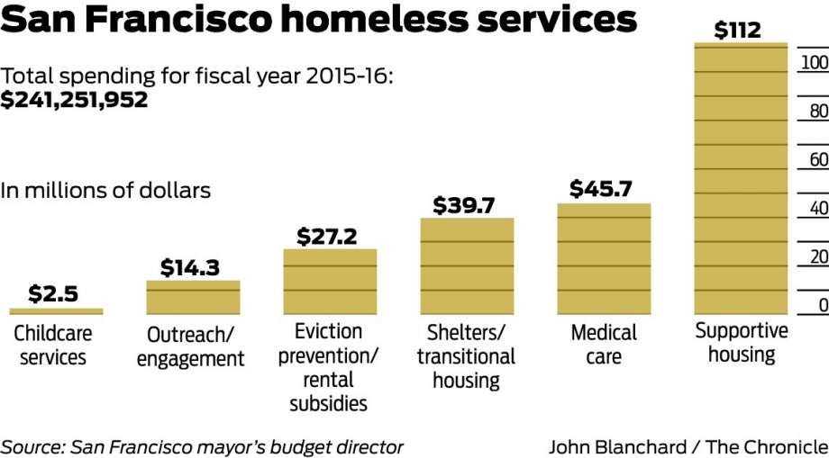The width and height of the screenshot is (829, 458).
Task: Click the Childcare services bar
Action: pyautogui.click(x=56, y=311)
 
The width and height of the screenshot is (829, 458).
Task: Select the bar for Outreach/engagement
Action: pyautogui.click(x=193, y=297)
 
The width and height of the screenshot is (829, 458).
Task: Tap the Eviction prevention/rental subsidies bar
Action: pyautogui.click(x=330, y=282)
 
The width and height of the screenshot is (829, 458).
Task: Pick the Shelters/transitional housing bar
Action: pyautogui.click(x=467, y=266)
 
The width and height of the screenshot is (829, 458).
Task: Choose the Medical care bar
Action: pyautogui.click(x=604, y=259)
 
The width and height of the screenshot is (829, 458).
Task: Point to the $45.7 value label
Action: pyautogui.click(x=601, y=190)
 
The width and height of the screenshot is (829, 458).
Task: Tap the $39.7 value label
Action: pyautogui.click(x=464, y=205)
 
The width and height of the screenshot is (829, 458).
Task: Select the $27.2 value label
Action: pyautogui.click(x=327, y=237)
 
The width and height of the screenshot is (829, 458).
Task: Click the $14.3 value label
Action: pyautogui.click(x=190, y=268)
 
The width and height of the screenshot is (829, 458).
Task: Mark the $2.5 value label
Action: pyautogui.click(x=53, y=294)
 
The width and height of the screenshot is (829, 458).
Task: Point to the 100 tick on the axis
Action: pyautogui.click(x=814, y=63)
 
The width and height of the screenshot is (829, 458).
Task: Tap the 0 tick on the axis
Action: pyautogui.click(x=823, y=306)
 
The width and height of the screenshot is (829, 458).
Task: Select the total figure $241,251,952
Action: pyautogui.click(x=75, y=101)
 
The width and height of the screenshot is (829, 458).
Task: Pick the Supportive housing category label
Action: pyautogui.click(x=742, y=343)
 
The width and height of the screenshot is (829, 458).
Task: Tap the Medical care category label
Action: pyautogui.click(x=604, y=345)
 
